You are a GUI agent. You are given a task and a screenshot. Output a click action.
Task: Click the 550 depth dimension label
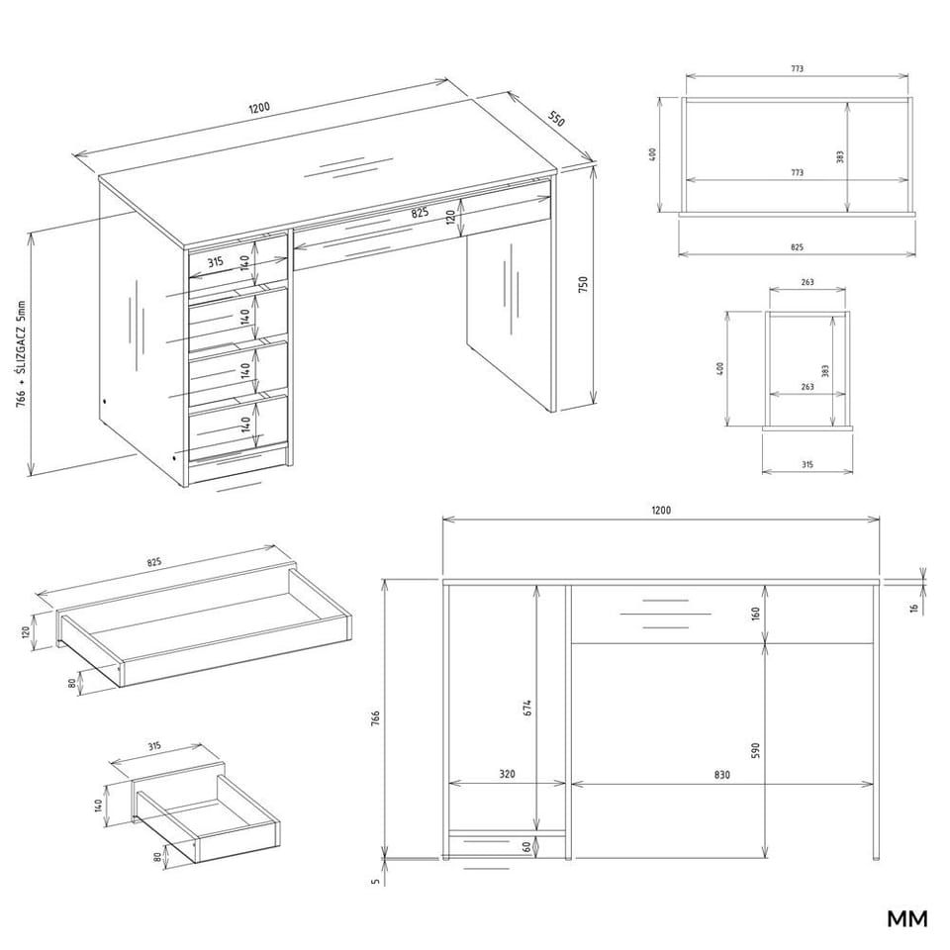(x=557, y=119)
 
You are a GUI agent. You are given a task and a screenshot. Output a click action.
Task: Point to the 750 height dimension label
(x=583, y=285)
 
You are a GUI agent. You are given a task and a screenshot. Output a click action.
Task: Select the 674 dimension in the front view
(x=527, y=710)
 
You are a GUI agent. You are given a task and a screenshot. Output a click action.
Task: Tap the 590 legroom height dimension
(x=754, y=750)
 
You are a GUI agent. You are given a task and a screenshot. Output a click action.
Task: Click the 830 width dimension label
(x=721, y=774)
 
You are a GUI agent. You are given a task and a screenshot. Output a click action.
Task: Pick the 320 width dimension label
(x=507, y=774)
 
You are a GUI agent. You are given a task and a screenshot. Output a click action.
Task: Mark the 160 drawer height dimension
(x=755, y=614)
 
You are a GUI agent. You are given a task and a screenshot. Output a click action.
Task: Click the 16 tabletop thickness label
(x=914, y=607)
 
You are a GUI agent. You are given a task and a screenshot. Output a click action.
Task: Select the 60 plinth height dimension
(x=527, y=847)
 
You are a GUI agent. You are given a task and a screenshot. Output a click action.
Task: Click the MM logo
(x=907, y=918)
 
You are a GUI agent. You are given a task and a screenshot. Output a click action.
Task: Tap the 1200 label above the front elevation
(x=661, y=511)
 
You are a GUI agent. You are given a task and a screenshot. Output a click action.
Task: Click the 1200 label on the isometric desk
(x=259, y=108)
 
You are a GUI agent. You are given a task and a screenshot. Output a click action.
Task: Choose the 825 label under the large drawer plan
(x=797, y=247)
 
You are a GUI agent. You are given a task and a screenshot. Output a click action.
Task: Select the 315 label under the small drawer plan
(x=807, y=465)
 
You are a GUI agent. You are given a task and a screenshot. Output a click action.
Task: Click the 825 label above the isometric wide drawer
(x=154, y=562)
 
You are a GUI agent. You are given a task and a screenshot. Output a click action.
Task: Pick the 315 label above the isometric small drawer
(x=154, y=746)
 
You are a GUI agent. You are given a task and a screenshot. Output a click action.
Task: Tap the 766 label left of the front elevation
(x=375, y=719)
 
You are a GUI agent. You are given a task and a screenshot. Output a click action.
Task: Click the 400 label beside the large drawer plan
(x=652, y=154)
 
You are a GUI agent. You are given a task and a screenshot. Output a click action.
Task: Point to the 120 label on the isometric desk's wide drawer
(x=451, y=217)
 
